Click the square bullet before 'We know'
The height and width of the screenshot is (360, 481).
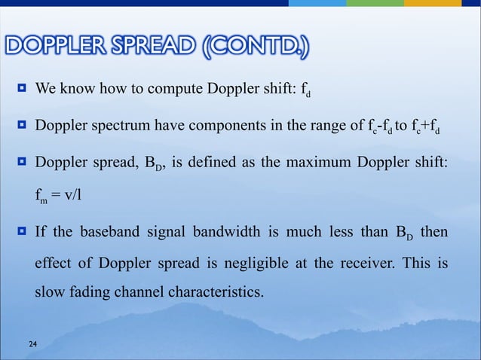click(x=22, y=94)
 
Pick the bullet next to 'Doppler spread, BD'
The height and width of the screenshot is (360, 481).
click(x=22, y=163)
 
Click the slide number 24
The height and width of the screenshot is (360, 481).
click(x=32, y=345)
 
